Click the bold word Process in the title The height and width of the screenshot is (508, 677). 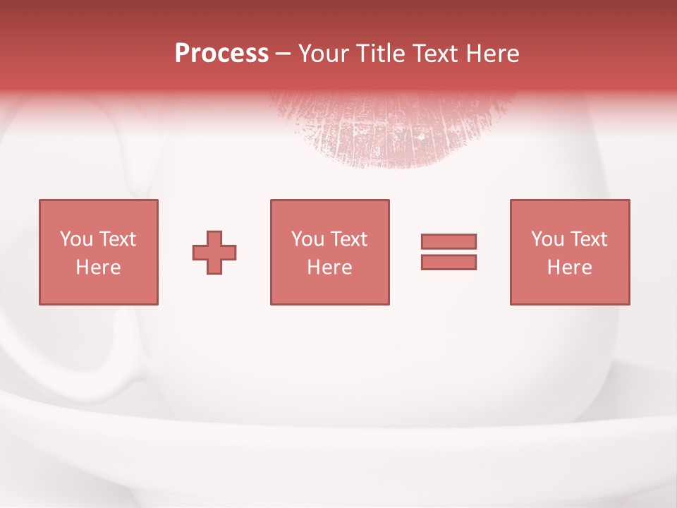[x=221, y=53]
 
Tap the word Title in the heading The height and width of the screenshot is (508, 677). [x=381, y=54]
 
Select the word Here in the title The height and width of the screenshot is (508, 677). [x=492, y=54]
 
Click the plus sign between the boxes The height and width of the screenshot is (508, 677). [x=214, y=253]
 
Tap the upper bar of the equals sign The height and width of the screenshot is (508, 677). [x=449, y=241]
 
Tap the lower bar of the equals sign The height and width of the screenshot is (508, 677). [x=449, y=262]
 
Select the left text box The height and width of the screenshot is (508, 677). [x=99, y=252]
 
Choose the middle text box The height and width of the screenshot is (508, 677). [x=329, y=252]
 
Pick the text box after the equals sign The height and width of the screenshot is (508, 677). [x=570, y=252]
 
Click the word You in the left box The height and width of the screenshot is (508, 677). [x=75, y=239]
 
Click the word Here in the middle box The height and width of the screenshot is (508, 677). [x=329, y=267]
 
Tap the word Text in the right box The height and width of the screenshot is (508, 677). [x=588, y=239]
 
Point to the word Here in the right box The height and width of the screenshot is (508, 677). [x=570, y=267]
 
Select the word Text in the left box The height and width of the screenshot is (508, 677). [x=117, y=239]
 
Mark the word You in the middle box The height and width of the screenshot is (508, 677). [x=307, y=239]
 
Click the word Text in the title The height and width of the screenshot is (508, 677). [x=433, y=54]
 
